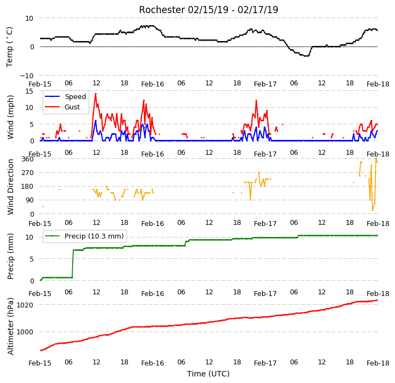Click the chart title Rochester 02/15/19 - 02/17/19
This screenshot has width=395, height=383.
coord(208,10)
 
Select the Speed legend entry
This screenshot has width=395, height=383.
coord(65,96)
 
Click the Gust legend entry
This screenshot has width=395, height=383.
coord(62,107)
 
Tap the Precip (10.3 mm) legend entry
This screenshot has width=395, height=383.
coord(84,236)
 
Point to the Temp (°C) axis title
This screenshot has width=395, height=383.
coord(9,47)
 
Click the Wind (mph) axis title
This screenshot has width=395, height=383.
coord(10,117)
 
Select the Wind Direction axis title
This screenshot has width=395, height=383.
coord(10,187)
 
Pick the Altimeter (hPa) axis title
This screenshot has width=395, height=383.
coord(10,326)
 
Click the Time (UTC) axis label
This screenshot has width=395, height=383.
coord(208,373)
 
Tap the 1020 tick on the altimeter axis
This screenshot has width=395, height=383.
coord(25,305)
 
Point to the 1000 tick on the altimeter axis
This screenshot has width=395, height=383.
coord(25,332)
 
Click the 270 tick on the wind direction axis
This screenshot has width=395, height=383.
coord(27,172)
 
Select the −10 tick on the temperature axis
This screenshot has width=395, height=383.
coord(26,76)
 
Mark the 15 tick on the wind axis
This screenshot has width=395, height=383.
coord(29,91)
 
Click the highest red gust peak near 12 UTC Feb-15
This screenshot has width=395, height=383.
coord(96,94)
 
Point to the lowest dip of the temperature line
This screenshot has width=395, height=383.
coord(306,56)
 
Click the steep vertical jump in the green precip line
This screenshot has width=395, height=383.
coord(73,264)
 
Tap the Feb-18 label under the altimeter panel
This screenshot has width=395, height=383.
coord(378,363)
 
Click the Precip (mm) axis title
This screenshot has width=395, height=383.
coord(10,256)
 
